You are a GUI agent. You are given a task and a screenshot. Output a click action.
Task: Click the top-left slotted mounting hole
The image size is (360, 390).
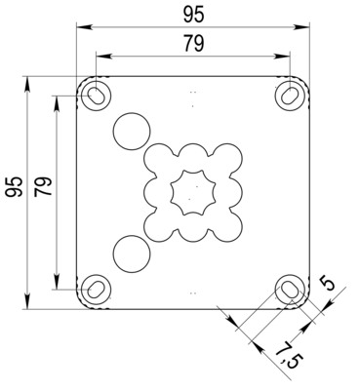(97, 94)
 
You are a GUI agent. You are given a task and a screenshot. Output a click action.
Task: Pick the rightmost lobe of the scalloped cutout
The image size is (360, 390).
(230, 191)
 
